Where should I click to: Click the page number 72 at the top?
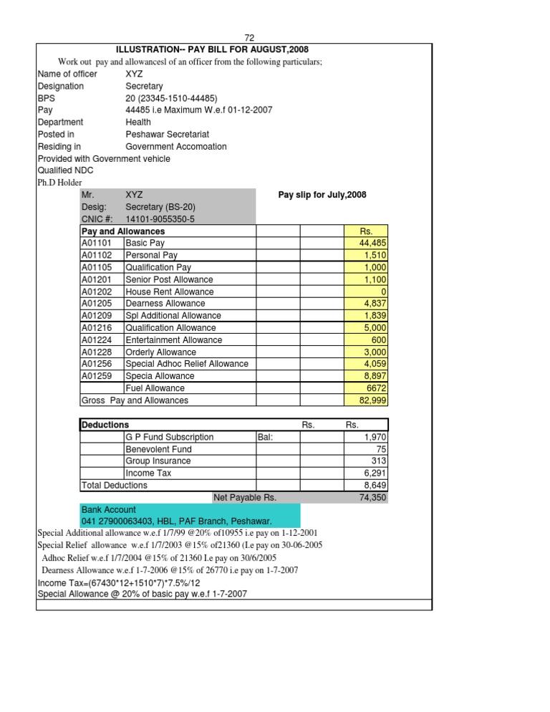[x=249, y=38]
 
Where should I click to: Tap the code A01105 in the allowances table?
[x=98, y=267]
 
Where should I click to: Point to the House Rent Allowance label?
[x=169, y=292]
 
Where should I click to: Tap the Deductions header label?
[x=105, y=425]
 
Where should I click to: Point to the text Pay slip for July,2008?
[x=322, y=195]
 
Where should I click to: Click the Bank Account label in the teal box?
[x=107, y=509]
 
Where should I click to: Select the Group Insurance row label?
[x=158, y=461]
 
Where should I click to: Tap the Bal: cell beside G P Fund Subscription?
[x=266, y=437]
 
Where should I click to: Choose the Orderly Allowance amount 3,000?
[x=372, y=352]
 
